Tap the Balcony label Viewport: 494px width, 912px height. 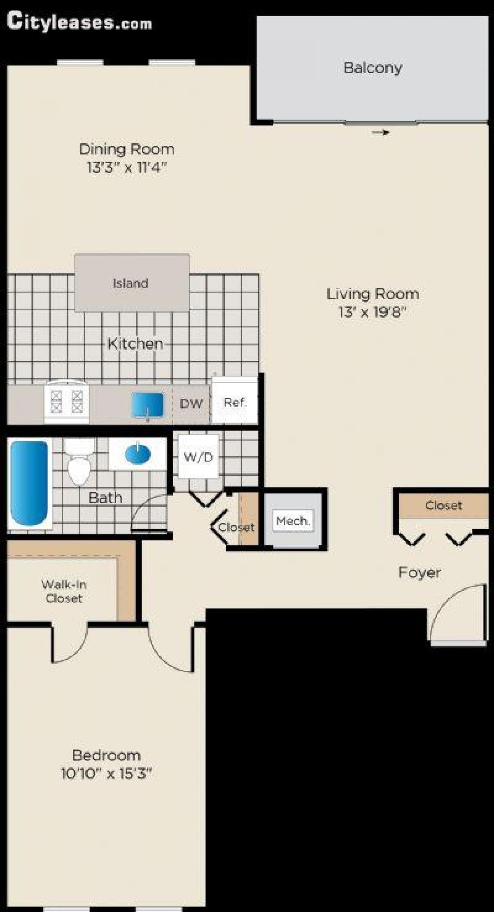point(373,68)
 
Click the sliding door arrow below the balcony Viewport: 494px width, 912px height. point(381,132)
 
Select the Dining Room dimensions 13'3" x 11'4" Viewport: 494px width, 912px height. point(127,168)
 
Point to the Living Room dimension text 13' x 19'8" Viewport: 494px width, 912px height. point(373,312)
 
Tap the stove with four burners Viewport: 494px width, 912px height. point(67,402)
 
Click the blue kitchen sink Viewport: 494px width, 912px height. point(147,405)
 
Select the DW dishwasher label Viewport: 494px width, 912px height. point(191,403)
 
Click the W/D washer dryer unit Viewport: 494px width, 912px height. point(198,456)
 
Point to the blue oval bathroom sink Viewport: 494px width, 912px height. point(137,453)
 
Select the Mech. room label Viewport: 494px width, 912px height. point(293,521)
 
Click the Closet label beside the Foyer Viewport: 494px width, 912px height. point(444,505)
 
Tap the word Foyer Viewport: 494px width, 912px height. point(419,572)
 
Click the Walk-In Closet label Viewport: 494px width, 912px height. point(64,591)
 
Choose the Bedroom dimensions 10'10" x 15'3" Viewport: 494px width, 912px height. point(106,774)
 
